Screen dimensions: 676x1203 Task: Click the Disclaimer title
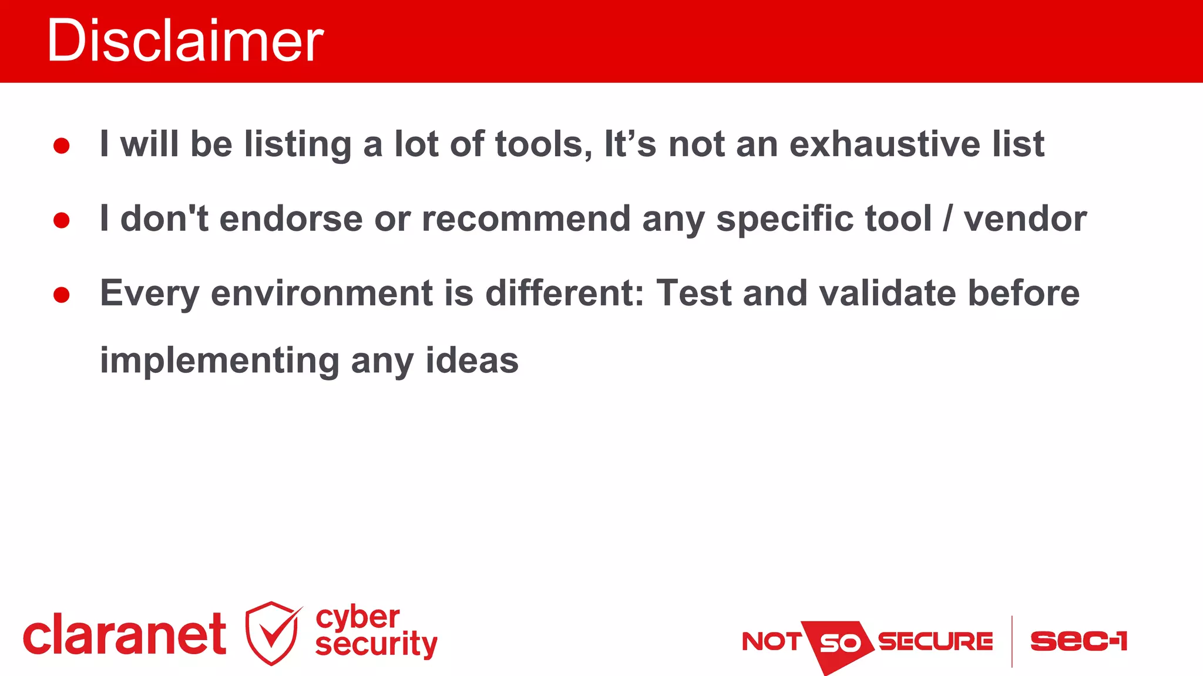point(185,41)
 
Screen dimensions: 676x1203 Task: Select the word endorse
point(291,219)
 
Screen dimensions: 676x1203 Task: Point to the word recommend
point(526,219)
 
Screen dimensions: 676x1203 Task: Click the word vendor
point(1025,219)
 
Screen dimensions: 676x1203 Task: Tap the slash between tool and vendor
point(947,219)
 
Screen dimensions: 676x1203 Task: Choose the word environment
point(322,293)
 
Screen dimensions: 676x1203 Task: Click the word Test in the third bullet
point(694,293)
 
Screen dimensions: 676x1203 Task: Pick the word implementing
point(220,361)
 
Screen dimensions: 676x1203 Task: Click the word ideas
point(472,361)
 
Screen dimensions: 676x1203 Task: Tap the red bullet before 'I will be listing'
point(62,146)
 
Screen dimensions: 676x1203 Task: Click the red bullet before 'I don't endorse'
point(62,221)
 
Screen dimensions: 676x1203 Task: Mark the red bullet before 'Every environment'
point(62,295)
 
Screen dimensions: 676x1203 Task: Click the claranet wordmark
point(125,635)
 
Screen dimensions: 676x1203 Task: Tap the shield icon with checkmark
point(272,633)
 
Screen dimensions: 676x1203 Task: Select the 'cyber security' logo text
point(376,631)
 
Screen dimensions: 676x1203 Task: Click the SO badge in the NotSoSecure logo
point(839,643)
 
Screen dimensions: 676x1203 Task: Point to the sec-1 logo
point(1078,641)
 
